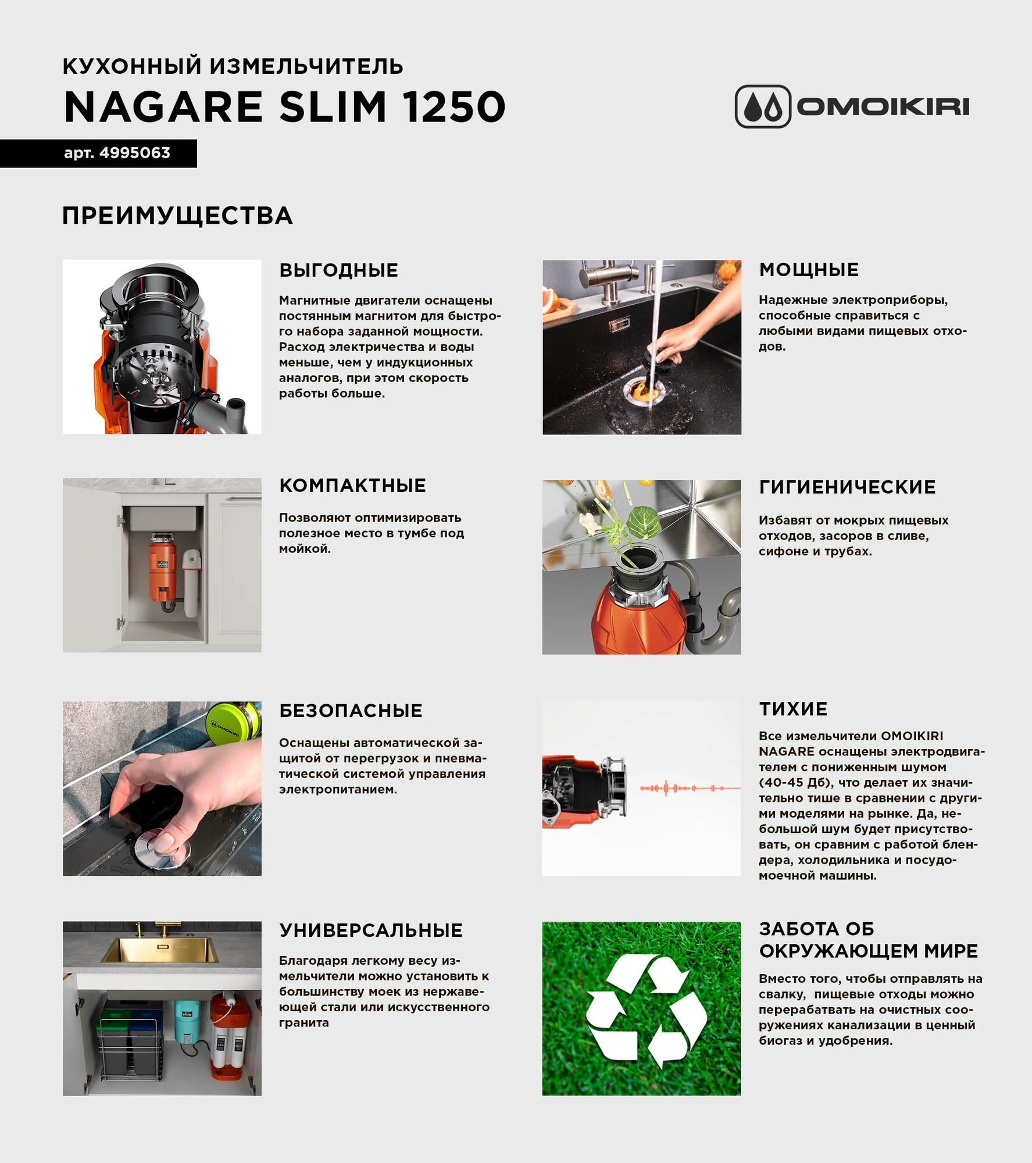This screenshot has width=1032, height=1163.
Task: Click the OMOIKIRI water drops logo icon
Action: tap(763, 106)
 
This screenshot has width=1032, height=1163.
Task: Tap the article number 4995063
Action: tap(134, 153)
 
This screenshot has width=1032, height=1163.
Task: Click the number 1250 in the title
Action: tap(454, 107)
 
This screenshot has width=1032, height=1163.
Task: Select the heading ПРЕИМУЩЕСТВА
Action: tap(177, 216)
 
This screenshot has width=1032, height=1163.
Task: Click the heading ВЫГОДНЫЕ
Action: tap(338, 270)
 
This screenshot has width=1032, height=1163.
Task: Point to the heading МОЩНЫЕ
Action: tap(809, 270)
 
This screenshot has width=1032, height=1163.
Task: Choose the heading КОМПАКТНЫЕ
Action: tap(352, 486)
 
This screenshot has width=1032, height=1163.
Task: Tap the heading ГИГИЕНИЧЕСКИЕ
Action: tap(847, 487)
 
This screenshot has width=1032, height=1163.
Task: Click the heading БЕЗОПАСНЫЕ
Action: tap(351, 711)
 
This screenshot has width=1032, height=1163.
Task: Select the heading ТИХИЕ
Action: tap(793, 709)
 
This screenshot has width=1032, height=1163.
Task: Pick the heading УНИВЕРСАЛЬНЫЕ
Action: tap(371, 930)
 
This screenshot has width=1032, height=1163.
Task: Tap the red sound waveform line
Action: tap(689, 789)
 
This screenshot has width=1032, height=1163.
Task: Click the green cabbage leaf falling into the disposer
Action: tap(644, 520)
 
